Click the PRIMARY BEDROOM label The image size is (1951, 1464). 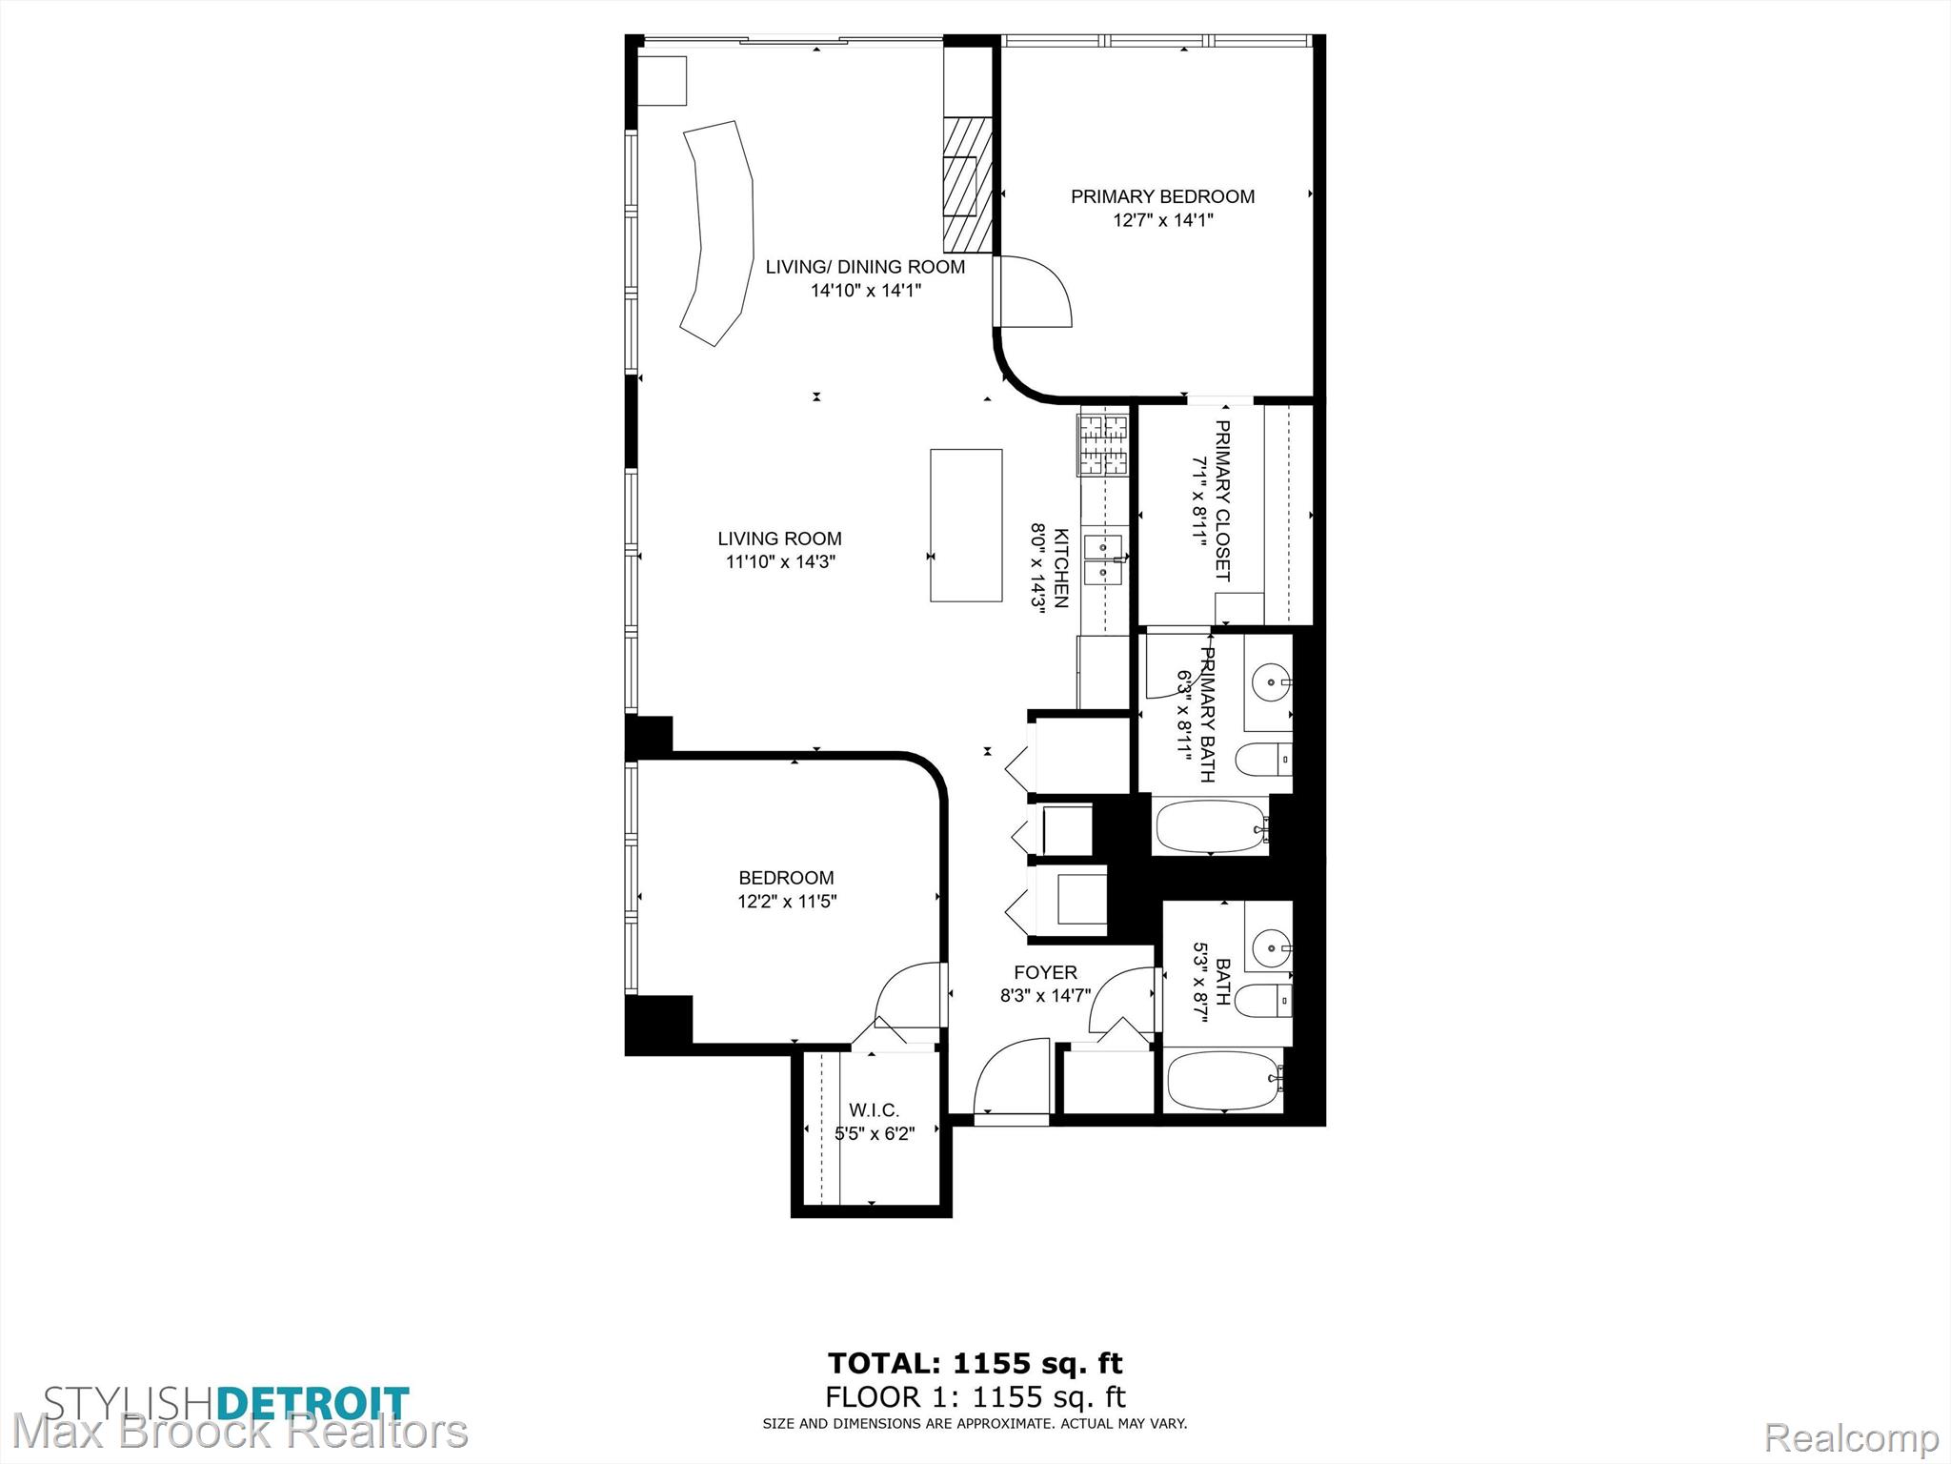[x=1162, y=196]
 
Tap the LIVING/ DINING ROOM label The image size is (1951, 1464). [x=865, y=267]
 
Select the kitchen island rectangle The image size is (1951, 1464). [x=966, y=525]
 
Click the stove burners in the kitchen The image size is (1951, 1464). [x=1104, y=444]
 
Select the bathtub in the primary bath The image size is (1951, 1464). [x=1211, y=826]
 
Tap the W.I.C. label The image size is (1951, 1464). [x=874, y=1110]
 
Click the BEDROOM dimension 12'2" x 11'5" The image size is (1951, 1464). [x=787, y=901]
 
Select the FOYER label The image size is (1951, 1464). [x=1045, y=972]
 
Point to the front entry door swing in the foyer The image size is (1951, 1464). [x=1010, y=1077]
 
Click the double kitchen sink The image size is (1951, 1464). [x=1106, y=559]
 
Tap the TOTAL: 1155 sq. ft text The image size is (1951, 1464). [x=975, y=1363]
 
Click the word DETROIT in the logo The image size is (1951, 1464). [x=313, y=1404]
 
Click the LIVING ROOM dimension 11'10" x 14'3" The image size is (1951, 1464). [x=780, y=561]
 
